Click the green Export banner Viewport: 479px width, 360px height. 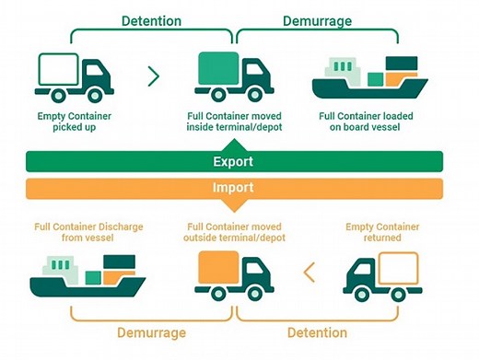[x=234, y=162]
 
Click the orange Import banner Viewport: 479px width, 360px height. [x=234, y=189]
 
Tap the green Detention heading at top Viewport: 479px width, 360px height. [x=152, y=19]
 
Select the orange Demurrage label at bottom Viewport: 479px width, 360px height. [x=152, y=332]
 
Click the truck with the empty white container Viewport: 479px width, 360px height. [x=74, y=75]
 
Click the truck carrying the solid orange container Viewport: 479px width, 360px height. [x=234, y=274]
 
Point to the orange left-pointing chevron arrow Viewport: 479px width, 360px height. [x=310, y=273]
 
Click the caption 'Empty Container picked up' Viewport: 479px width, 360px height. [x=74, y=122]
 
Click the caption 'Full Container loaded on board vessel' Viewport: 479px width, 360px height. [x=365, y=122]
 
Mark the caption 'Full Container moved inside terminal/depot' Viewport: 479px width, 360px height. [x=235, y=122]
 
